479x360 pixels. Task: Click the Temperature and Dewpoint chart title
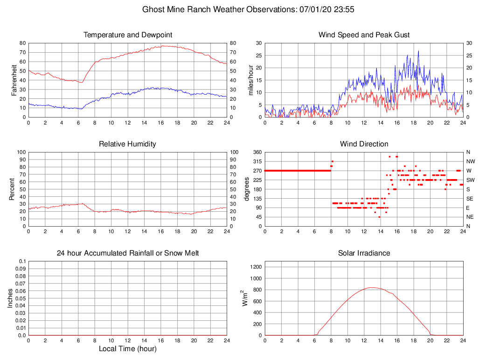pos(128,35)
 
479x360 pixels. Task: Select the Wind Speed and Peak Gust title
pos(364,35)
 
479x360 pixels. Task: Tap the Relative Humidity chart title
pos(128,144)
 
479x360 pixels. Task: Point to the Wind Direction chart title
pos(364,144)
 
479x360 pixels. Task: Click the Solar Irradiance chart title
pos(364,253)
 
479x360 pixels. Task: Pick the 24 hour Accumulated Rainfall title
pos(128,253)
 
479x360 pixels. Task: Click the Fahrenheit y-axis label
pos(14,80)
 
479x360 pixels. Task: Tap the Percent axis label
pos(12,189)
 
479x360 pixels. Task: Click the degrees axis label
pos(247,189)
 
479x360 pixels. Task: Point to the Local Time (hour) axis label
pos(128,349)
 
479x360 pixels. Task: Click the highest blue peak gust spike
pos(418,51)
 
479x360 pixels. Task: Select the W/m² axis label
pos(244,298)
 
